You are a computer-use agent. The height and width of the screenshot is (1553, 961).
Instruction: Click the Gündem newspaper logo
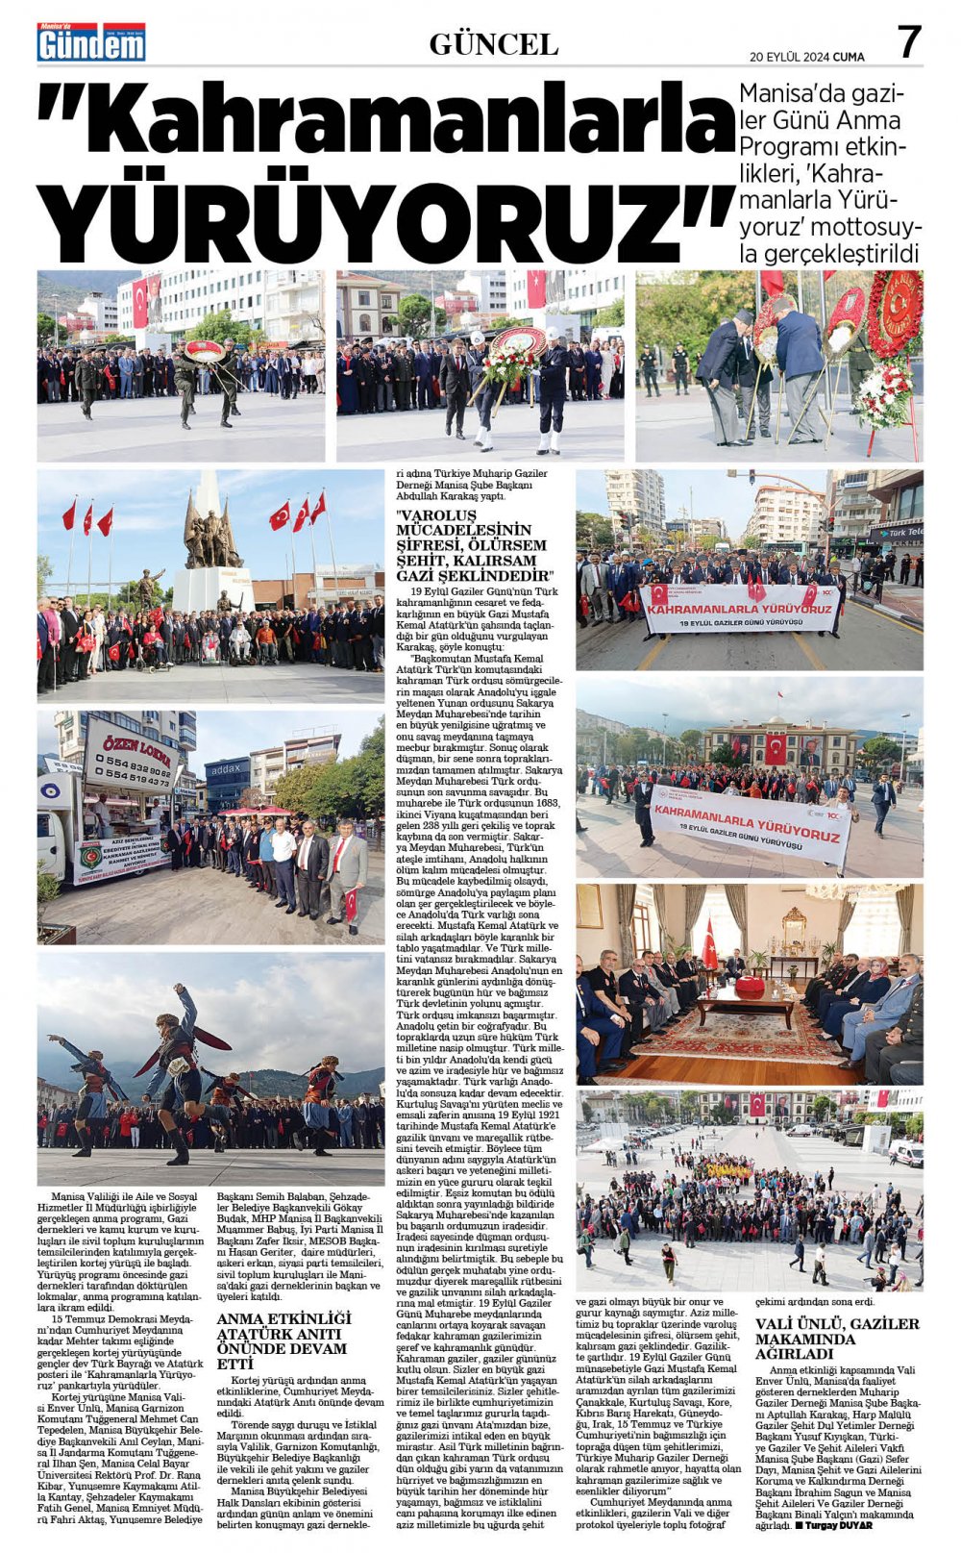tap(91, 42)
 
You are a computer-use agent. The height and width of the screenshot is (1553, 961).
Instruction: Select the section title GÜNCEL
tap(493, 44)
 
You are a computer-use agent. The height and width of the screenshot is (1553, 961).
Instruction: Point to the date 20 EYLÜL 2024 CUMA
tap(806, 57)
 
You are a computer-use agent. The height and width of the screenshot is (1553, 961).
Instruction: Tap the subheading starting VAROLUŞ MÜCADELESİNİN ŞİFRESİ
tap(472, 544)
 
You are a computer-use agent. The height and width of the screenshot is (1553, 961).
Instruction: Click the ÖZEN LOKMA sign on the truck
tap(130, 741)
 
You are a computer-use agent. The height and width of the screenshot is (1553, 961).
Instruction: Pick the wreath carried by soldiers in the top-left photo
tap(204, 352)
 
